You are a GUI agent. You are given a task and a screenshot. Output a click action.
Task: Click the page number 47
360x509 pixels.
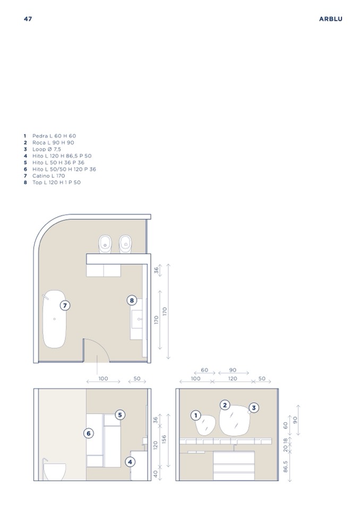click(x=28, y=19)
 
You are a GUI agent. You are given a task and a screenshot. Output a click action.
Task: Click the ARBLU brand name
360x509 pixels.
click(x=330, y=19)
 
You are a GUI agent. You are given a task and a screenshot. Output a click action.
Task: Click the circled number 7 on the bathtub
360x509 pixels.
click(x=65, y=306)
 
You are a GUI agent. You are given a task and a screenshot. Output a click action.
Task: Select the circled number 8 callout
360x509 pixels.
click(x=132, y=300)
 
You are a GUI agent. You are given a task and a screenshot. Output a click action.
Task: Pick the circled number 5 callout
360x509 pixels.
click(x=120, y=415)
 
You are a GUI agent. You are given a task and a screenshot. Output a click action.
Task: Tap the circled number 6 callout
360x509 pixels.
click(x=89, y=433)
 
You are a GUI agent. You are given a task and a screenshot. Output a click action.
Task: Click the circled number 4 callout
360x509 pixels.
click(x=130, y=462)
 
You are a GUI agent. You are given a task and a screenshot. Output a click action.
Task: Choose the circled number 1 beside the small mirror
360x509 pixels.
click(x=196, y=416)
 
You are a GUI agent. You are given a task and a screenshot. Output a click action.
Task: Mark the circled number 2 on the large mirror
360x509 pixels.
click(x=225, y=405)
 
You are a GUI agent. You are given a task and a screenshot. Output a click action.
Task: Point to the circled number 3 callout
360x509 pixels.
click(x=254, y=408)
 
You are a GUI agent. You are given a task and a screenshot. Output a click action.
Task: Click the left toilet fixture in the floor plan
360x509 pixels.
click(x=105, y=244)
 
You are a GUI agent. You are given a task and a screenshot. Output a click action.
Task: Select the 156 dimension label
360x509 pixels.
click(x=164, y=440)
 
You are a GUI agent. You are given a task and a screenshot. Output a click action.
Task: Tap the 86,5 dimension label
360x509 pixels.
click(x=285, y=467)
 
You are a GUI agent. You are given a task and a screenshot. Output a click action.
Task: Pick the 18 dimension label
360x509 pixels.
click(x=285, y=441)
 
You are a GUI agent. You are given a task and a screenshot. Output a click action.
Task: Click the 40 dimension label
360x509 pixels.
click(x=156, y=474)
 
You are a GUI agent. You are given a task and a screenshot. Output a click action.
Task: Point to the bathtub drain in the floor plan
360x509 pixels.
click(x=55, y=319)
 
